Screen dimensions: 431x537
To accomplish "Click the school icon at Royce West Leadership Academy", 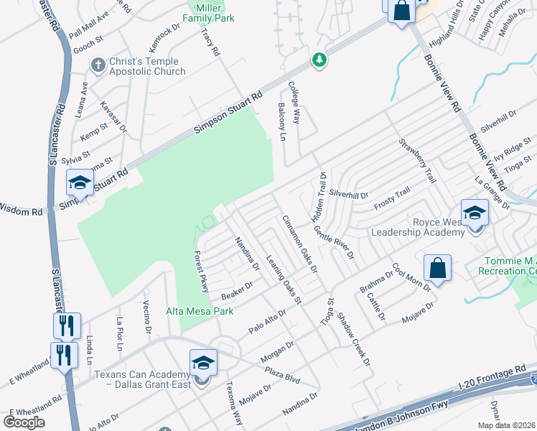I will coord(474,213).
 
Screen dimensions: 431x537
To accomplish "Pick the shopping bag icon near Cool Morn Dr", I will coord(436,269).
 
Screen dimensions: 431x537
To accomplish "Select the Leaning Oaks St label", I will coord(284,279).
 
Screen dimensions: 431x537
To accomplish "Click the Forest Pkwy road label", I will coord(201,270).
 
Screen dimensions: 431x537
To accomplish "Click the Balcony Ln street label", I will coord(281,121).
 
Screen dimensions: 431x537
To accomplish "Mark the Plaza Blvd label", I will coord(282,376).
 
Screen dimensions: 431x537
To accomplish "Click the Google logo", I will coord(24,422).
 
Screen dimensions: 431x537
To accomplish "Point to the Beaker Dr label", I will coord(238,290).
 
